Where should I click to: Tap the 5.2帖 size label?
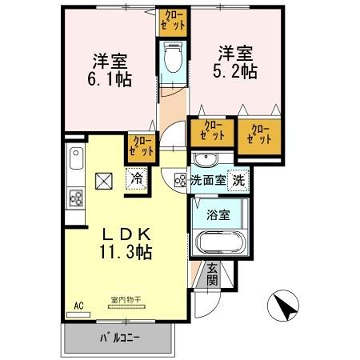click(233, 71)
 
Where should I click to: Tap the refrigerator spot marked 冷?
click(135, 180)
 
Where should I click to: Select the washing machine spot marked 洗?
click(238, 181)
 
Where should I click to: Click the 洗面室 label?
click(207, 181)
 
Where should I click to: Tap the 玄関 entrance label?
click(212, 274)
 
